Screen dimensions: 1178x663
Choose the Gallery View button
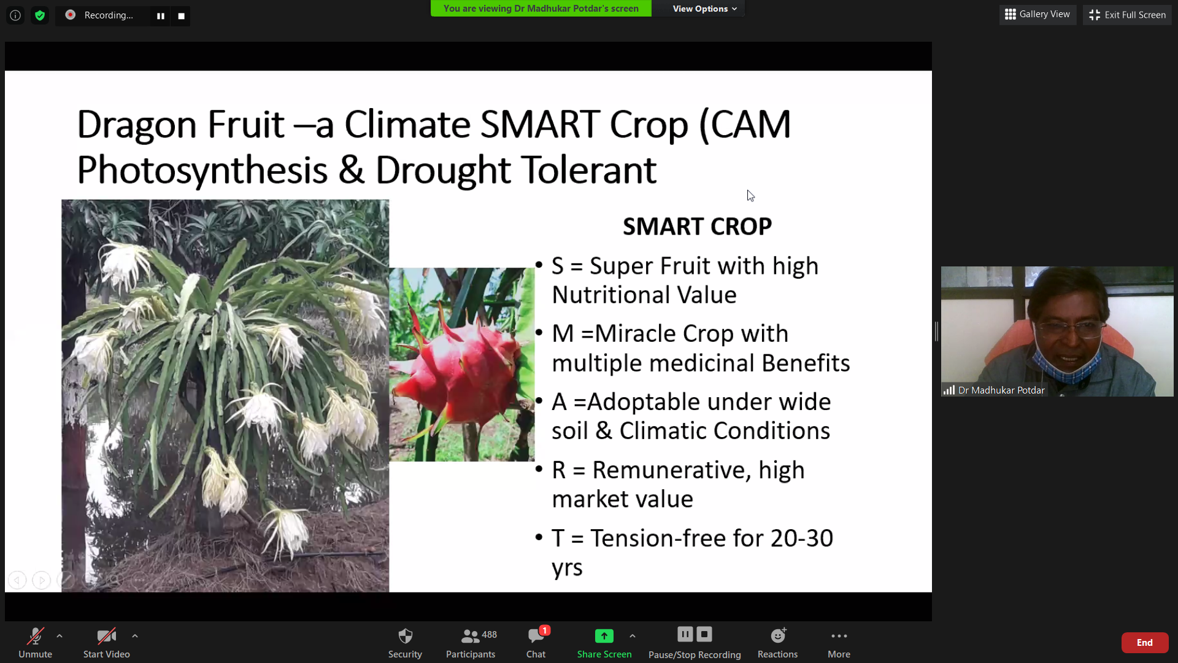click(1037, 15)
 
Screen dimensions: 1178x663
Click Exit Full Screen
click(1127, 15)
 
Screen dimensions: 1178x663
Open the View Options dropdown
click(704, 9)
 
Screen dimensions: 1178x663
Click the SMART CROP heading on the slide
click(697, 227)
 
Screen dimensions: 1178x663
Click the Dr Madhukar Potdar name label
click(1001, 390)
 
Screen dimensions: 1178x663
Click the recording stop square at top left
click(181, 16)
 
